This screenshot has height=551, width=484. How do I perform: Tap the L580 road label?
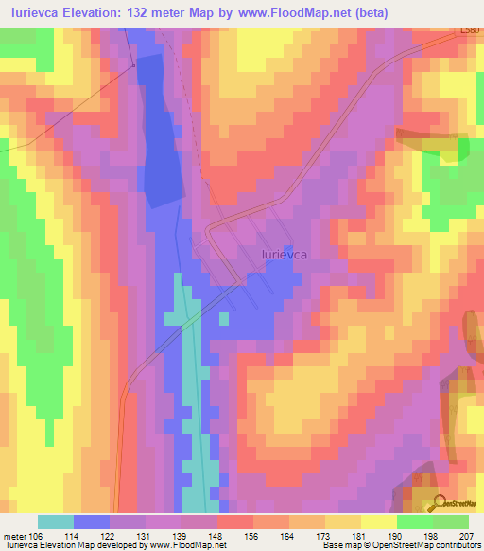[x=470, y=32]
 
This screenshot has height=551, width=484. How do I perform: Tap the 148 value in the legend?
[x=218, y=535]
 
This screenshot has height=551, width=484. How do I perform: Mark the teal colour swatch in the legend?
[x=56, y=522]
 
